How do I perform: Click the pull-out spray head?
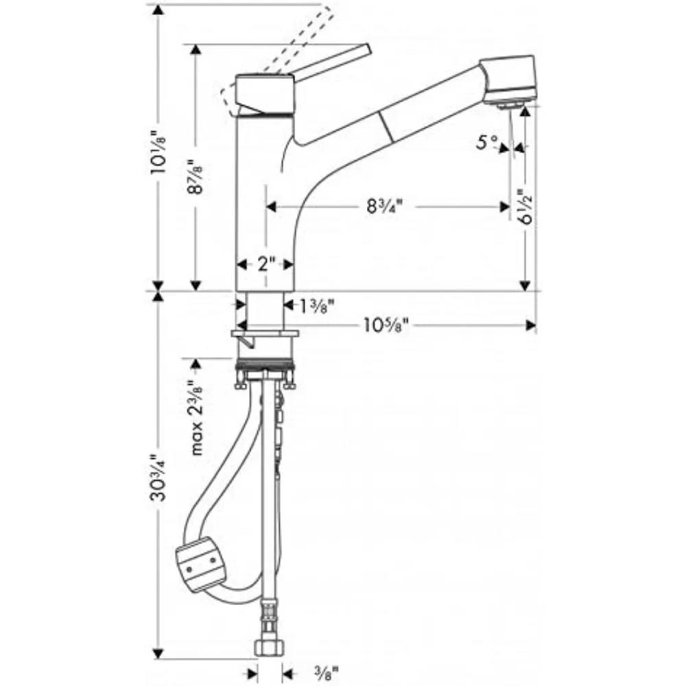pos(508,79)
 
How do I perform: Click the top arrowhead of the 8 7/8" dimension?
pos(196,50)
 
